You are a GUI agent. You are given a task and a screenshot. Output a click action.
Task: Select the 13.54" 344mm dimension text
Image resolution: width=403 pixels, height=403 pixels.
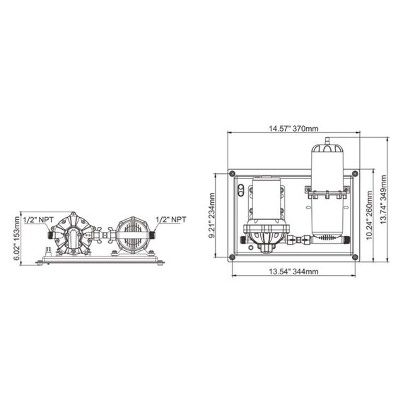tap(291, 271)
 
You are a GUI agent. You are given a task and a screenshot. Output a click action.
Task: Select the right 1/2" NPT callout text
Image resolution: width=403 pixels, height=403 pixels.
tap(170, 219)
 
